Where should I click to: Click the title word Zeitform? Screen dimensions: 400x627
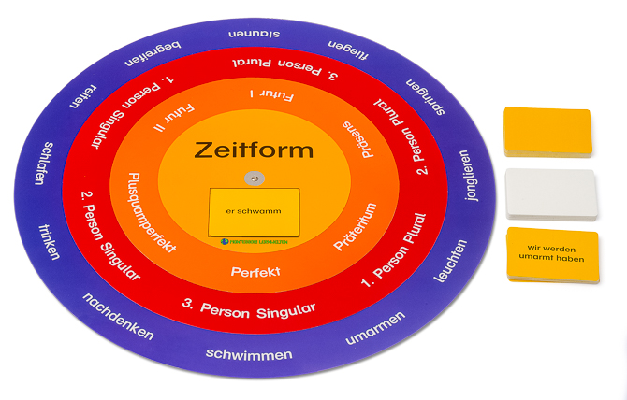pyautogui.click(x=254, y=150)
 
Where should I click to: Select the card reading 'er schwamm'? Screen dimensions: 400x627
pyautogui.click(x=255, y=211)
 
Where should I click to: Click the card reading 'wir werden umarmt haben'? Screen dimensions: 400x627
pyautogui.click(x=551, y=253)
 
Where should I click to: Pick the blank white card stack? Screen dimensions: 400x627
pyautogui.click(x=550, y=190)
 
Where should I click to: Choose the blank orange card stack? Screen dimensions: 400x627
pyautogui.click(x=548, y=131)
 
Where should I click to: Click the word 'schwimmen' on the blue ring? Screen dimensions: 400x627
pyautogui.click(x=249, y=354)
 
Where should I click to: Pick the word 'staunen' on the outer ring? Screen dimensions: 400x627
pyautogui.click(x=256, y=36)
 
